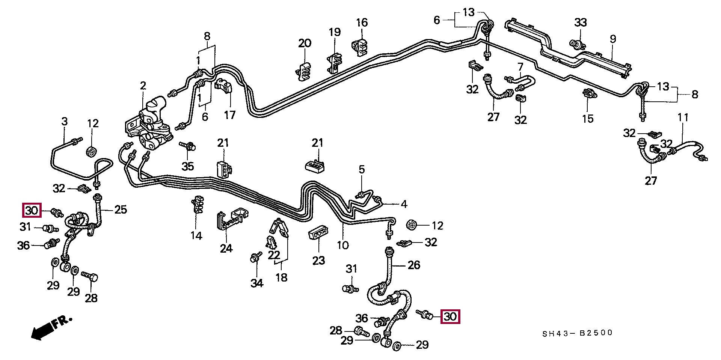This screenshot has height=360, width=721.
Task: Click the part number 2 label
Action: pyautogui.click(x=143, y=86)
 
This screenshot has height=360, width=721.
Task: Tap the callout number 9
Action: pyautogui.click(x=613, y=39)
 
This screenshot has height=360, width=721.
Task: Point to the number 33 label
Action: pyautogui.click(x=581, y=23)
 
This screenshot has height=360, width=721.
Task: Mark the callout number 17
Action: pyautogui.click(x=230, y=115)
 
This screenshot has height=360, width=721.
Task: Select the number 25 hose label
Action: pyautogui.click(x=121, y=209)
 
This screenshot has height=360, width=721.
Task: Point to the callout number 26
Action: pyautogui.click(x=414, y=265)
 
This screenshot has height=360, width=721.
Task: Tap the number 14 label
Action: pyautogui.click(x=196, y=236)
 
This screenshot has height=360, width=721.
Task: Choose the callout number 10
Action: pyautogui.click(x=342, y=246)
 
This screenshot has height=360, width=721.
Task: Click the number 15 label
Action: pyautogui.click(x=588, y=119)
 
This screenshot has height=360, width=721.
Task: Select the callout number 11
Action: pyautogui.click(x=683, y=118)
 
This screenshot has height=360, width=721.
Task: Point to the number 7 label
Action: pyautogui.click(x=520, y=67)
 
